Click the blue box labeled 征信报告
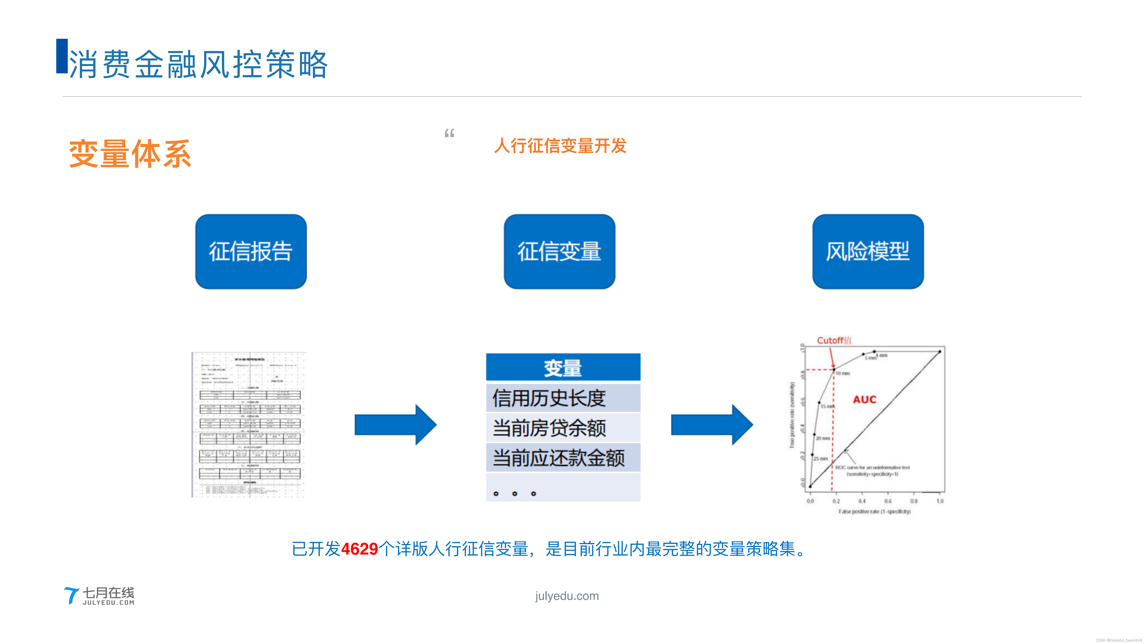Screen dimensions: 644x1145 coord(251,252)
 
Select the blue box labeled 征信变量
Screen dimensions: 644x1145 coord(559,252)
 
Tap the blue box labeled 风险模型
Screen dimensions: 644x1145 coord(868,252)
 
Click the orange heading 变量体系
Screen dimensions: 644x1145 coord(130,154)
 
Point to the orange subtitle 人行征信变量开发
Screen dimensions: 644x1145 coord(560,146)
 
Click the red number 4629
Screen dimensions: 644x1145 coord(359,549)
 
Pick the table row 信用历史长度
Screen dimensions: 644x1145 coord(563,398)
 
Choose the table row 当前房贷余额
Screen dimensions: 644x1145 coord(563,428)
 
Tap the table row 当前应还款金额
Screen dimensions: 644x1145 coord(563,457)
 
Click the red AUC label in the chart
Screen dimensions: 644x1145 coord(864,400)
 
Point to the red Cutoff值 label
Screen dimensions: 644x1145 coord(834,340)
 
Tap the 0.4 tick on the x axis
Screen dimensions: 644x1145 coord(862,501)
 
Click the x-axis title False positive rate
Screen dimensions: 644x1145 coord(874,512)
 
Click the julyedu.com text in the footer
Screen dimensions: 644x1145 coord(567,596)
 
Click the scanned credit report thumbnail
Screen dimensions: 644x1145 coord(249,424)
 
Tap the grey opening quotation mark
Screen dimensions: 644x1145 coord(449,133)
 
